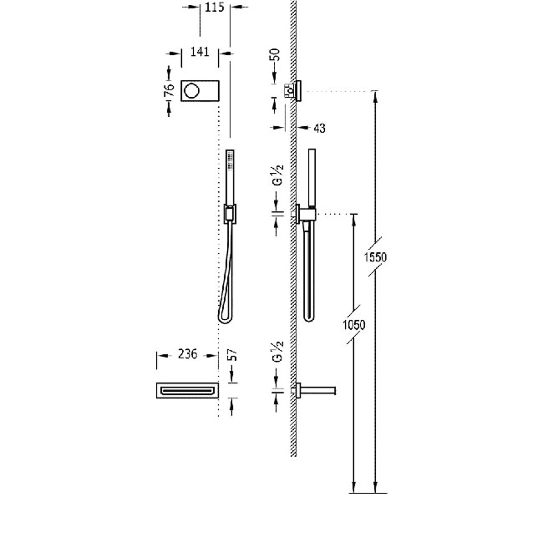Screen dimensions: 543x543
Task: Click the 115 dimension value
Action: point(215,7)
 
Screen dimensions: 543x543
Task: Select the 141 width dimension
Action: point(200,52)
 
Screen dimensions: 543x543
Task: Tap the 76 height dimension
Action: point(169,90)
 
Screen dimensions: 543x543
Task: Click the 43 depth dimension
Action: point(319,128)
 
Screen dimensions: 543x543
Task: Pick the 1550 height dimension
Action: point(375,257)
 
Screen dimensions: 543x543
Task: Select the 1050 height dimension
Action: point(354,325)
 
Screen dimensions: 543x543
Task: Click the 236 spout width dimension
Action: point(188,354)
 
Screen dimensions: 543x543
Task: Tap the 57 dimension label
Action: point(233,355)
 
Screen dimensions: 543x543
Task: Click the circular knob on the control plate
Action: point(191,90)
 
